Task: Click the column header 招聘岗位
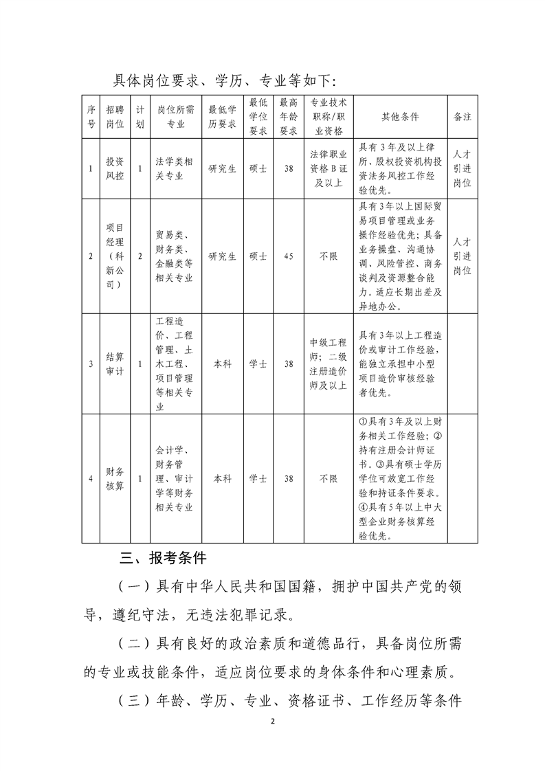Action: pos(115,116)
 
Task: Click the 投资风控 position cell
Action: pos(115,169)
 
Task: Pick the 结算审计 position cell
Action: pos(115,364)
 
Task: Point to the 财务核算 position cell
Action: pos(115,478)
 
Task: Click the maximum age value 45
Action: pos(289,256)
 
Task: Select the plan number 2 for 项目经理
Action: pos(140,256)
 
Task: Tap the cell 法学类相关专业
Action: pos(174,169)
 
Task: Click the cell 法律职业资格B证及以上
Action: pos(327,169)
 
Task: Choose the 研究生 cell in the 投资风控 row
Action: pos(222,169)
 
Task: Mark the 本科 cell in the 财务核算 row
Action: pos(222,478)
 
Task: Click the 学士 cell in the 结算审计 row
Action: pos(258,364)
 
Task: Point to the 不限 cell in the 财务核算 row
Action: pos(327,478)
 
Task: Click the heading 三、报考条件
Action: pos(159,557)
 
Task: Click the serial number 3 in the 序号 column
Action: pos(91,364)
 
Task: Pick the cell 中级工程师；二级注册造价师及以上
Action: pos(327,364)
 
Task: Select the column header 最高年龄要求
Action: pos(289,116)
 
